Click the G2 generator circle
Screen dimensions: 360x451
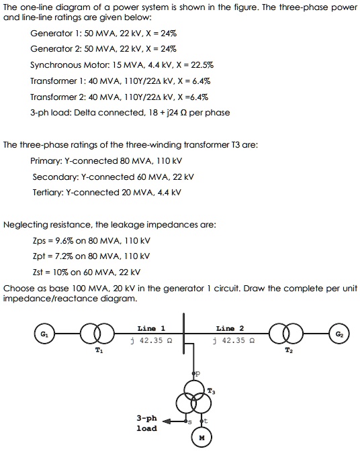coord(339,334)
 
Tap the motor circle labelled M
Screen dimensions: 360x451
coord(201,438)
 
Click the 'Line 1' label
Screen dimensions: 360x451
coord(151,329)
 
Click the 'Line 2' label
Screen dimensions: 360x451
coord(230,329)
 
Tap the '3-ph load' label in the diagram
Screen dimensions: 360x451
coord(146,423)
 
